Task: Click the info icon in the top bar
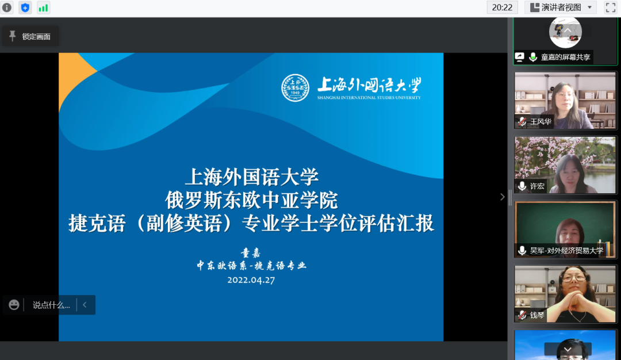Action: pyautogui.click(x=7, y=7)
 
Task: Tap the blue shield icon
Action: pyautogui.click(x=25, y=7)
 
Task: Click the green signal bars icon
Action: pyautogui.click(x=43, y=7)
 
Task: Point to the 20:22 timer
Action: pyautogui.click(x=502, y=7)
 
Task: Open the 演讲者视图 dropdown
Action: pyautogui.click(x=561, y=7)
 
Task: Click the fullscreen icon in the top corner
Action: pyautogui.click(x=610, y=7)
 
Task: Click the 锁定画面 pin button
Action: pyautogui.click(x=30, y=36)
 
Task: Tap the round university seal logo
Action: pyautogui.click(x=295, y=87)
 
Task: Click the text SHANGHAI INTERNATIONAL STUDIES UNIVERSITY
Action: pyautogui.click(x=369, y=97)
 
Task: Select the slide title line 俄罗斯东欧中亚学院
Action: pyautogui.click(x=251, y=200)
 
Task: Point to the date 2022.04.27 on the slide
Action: pyautogui.click(x=251, y=280)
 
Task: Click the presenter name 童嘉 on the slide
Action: pyautogui.click(x=251, y=252)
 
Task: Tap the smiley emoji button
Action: pyautogui.click(x=14, y=305)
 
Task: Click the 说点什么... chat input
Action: pyautogui.click(x=51, y=305)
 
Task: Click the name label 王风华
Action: pyautogui.click(x=540, y=121)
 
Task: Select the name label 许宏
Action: pyautogui.click(x=537, y=186)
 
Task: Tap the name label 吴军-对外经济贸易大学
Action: pyautogui.click(x=567, y=251)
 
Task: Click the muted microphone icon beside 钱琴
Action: pyautogui.click(x=522, y=315)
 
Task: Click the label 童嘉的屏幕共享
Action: pyautogui.click(x=566, y=57)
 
